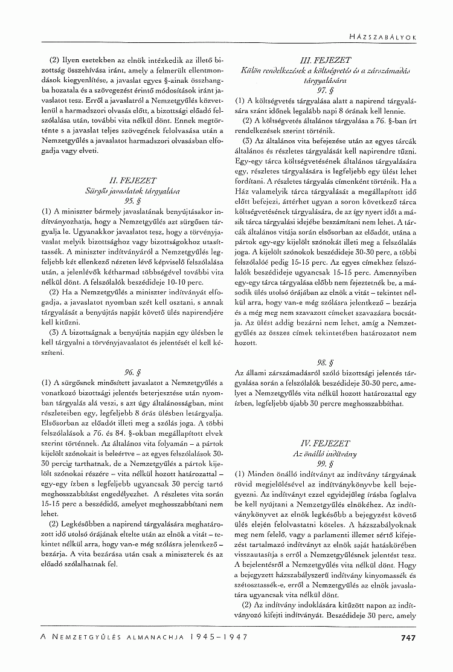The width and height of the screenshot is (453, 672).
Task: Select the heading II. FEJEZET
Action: [x=130, y=180]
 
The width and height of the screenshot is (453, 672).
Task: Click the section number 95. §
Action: [x=130, y=199]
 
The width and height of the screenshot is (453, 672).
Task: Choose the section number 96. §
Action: [x=130, y=371]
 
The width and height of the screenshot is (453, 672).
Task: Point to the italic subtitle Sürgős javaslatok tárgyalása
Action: [x=130, y=190]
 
